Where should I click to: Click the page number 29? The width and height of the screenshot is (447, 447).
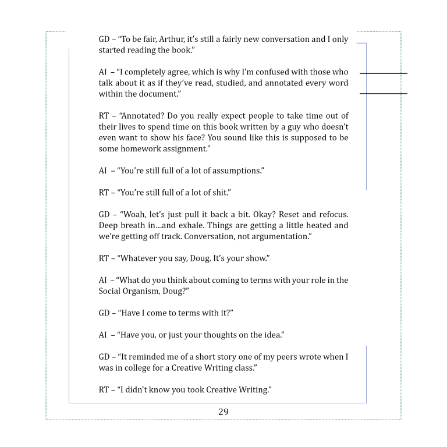[223, 412]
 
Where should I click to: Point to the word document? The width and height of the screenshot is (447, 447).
[149, 94]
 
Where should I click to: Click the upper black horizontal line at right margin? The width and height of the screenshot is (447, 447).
[384, 74]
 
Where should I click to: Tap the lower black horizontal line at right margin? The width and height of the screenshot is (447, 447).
[384, 93]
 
